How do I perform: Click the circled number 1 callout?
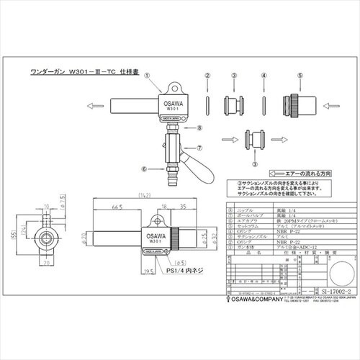(x=146, y=74)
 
